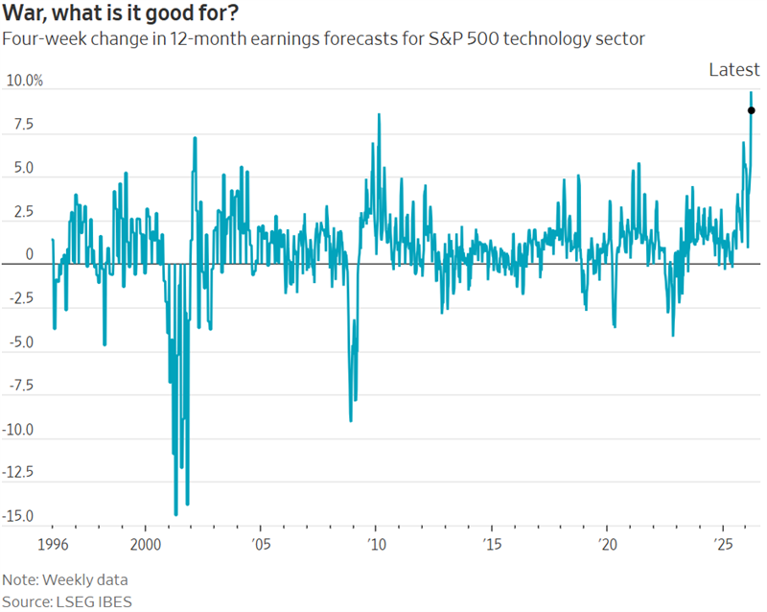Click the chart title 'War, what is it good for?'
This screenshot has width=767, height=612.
pos(119,14)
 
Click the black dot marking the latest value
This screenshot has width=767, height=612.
pos(752,110)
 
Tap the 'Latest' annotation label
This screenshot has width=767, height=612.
pos(733,69)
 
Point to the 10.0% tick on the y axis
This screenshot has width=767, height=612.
pos(24,81)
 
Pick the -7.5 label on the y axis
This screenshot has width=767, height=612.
pos(21,387)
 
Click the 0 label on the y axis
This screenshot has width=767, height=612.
pos(29,255)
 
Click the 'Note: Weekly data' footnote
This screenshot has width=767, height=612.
pos(65,580)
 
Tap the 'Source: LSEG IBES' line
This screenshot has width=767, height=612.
pos(67,601)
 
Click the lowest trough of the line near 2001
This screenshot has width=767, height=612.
pos(175,515)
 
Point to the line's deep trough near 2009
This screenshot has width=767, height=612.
pos(351,420)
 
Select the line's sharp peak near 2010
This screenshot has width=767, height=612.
pos(379,114)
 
